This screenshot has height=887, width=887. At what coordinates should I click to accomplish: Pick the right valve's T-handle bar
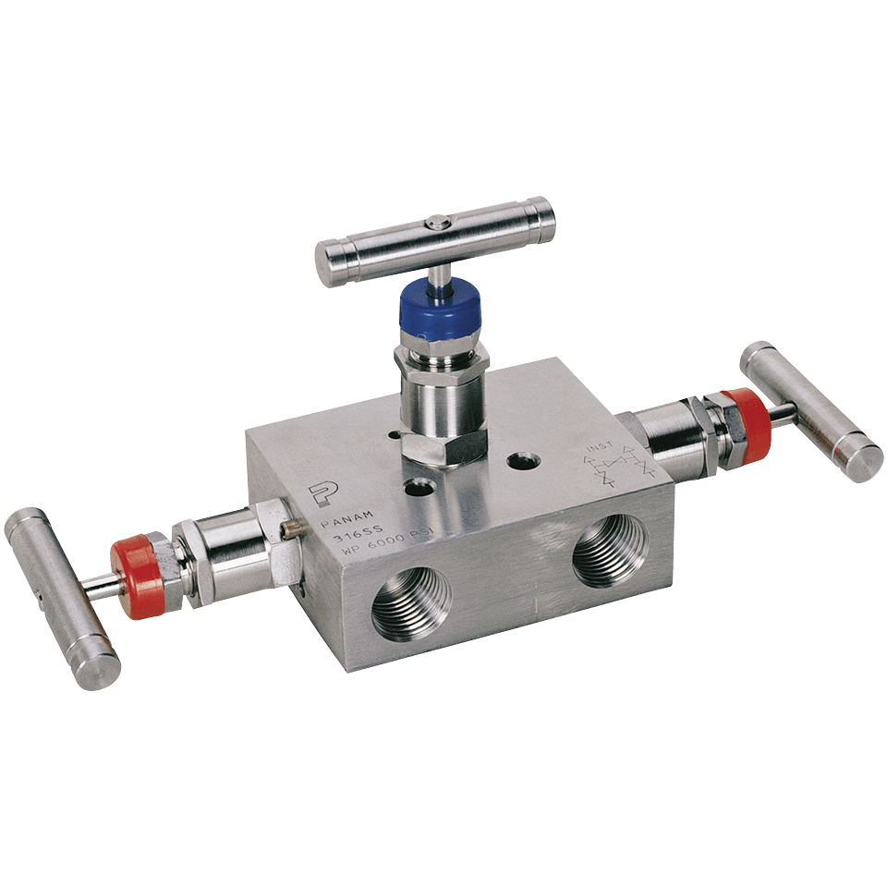810,410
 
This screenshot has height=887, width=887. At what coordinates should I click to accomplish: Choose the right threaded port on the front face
611,549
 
